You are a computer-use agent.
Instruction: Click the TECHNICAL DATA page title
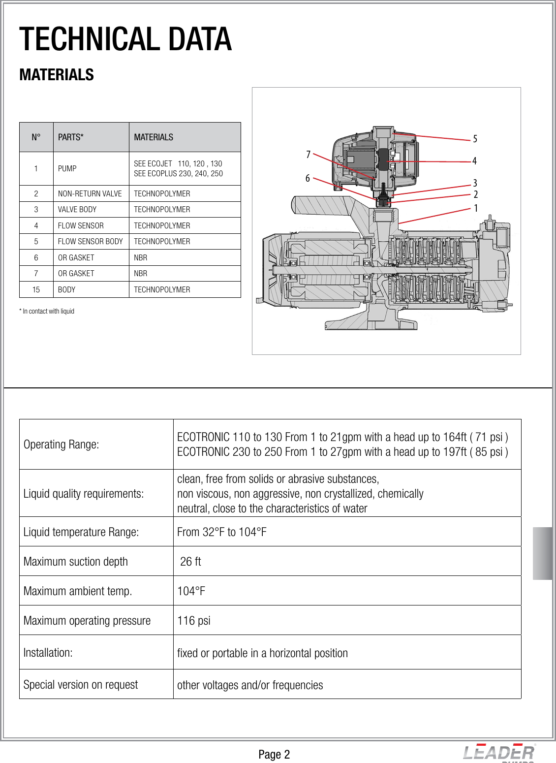(125, 39)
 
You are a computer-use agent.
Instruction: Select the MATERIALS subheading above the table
(57, 75)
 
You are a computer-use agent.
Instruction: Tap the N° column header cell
(36, 137)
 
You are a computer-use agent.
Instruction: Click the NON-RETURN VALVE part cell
(90, 193)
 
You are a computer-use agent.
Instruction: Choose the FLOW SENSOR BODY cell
(91, 241)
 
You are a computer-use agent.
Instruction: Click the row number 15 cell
(36, 289)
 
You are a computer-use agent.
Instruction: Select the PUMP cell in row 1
(67, 168)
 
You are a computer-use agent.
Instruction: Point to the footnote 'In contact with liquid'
(47, 311)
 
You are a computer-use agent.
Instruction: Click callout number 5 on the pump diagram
(475, 139)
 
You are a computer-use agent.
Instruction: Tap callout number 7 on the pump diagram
(308, 155)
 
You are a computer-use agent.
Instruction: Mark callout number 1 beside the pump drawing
(476, 208)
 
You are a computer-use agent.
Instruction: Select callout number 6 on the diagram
(308, 178)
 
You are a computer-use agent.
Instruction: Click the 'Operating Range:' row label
(62, 445)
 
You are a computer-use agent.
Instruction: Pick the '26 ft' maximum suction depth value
(190, 562)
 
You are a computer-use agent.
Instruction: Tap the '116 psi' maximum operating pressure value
(194, 621)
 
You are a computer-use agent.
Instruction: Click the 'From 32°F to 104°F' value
(222, 532)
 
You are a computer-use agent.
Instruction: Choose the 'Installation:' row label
(48, 653)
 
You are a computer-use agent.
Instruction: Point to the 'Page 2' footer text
(274, 755)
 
